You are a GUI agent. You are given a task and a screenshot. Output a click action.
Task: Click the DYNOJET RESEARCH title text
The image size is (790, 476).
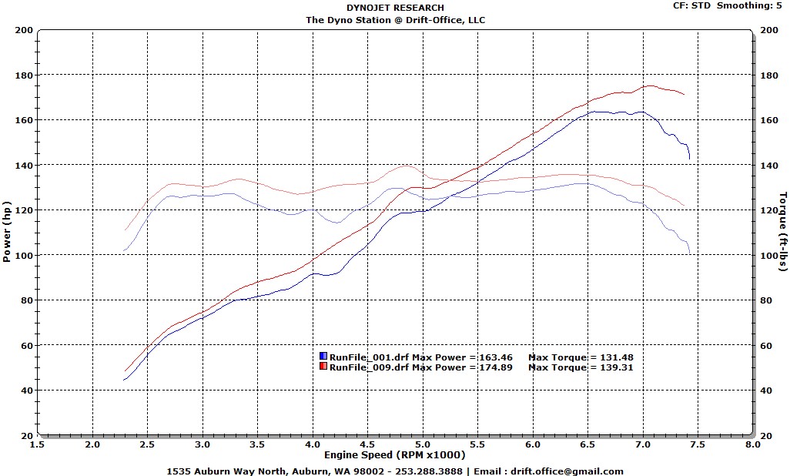pyautogui.click(x=395, y=8)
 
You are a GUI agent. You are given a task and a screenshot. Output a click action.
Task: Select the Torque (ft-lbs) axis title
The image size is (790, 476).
pyautogui.click(x=783, y=232)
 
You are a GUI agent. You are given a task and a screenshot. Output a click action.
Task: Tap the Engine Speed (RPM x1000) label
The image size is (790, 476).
pyautogui.click(x=395, y=455)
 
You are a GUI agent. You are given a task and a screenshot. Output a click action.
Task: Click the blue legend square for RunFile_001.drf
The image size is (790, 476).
pyautogui.click(x=323, y=357)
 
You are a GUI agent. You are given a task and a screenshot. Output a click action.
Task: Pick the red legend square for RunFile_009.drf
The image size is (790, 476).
pyautogui.click(x=323, y=367)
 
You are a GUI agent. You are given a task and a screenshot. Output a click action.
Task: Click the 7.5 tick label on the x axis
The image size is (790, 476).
pyautogui.click(x=697, y=445)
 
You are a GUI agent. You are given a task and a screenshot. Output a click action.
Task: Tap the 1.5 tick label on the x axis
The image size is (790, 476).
pyautogui.click(x=37, y=445)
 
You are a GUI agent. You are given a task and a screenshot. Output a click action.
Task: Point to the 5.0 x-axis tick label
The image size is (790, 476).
pyautogui.click(x=422, y=445)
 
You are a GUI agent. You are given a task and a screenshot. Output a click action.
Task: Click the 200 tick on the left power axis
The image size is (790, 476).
pyautogui.click(x=23, y=31)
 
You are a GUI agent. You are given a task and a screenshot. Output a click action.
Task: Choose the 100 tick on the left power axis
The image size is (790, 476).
pyautogui.click(x=23, y=256)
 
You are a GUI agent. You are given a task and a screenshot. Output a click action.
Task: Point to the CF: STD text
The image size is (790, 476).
pyautogui.click(x=690, y=5)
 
